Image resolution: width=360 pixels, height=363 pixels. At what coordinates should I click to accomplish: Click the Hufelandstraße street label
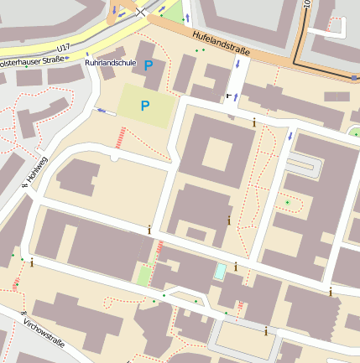pyautogui.click(x=221, y=44)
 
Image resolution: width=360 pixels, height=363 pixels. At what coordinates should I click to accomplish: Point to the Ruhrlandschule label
pyautogui.click(x=111, y=63)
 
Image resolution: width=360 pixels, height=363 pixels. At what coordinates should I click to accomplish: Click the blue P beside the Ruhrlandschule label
pyautogui.click(x=149, y=65)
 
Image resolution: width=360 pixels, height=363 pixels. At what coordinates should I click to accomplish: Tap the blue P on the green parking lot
pyautogui.click(x=144, y=106)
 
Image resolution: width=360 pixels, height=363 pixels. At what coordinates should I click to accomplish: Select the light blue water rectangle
pyautogui.click(x=220, y=272)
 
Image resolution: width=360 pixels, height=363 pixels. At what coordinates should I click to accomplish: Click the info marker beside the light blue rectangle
pyautogui.click(x=235, y=267)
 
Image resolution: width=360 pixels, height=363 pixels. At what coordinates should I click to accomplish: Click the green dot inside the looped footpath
pyautogui.click(x=287, y=202)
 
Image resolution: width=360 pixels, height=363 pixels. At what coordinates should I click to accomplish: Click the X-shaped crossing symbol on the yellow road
pyautogui.click(x=140, y=12)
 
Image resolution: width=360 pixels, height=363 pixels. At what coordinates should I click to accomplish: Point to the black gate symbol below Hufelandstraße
pyautogui.click(x=228, y=96)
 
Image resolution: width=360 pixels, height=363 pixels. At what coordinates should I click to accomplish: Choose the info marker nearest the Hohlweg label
pyautogui.click(x=31, y=262)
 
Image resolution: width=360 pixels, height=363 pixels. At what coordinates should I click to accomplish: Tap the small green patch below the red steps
pyautogui.click(x=145, y=275)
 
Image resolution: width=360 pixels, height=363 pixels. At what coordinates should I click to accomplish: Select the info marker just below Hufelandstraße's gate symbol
pyautogui.click(x=254, y=122)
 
